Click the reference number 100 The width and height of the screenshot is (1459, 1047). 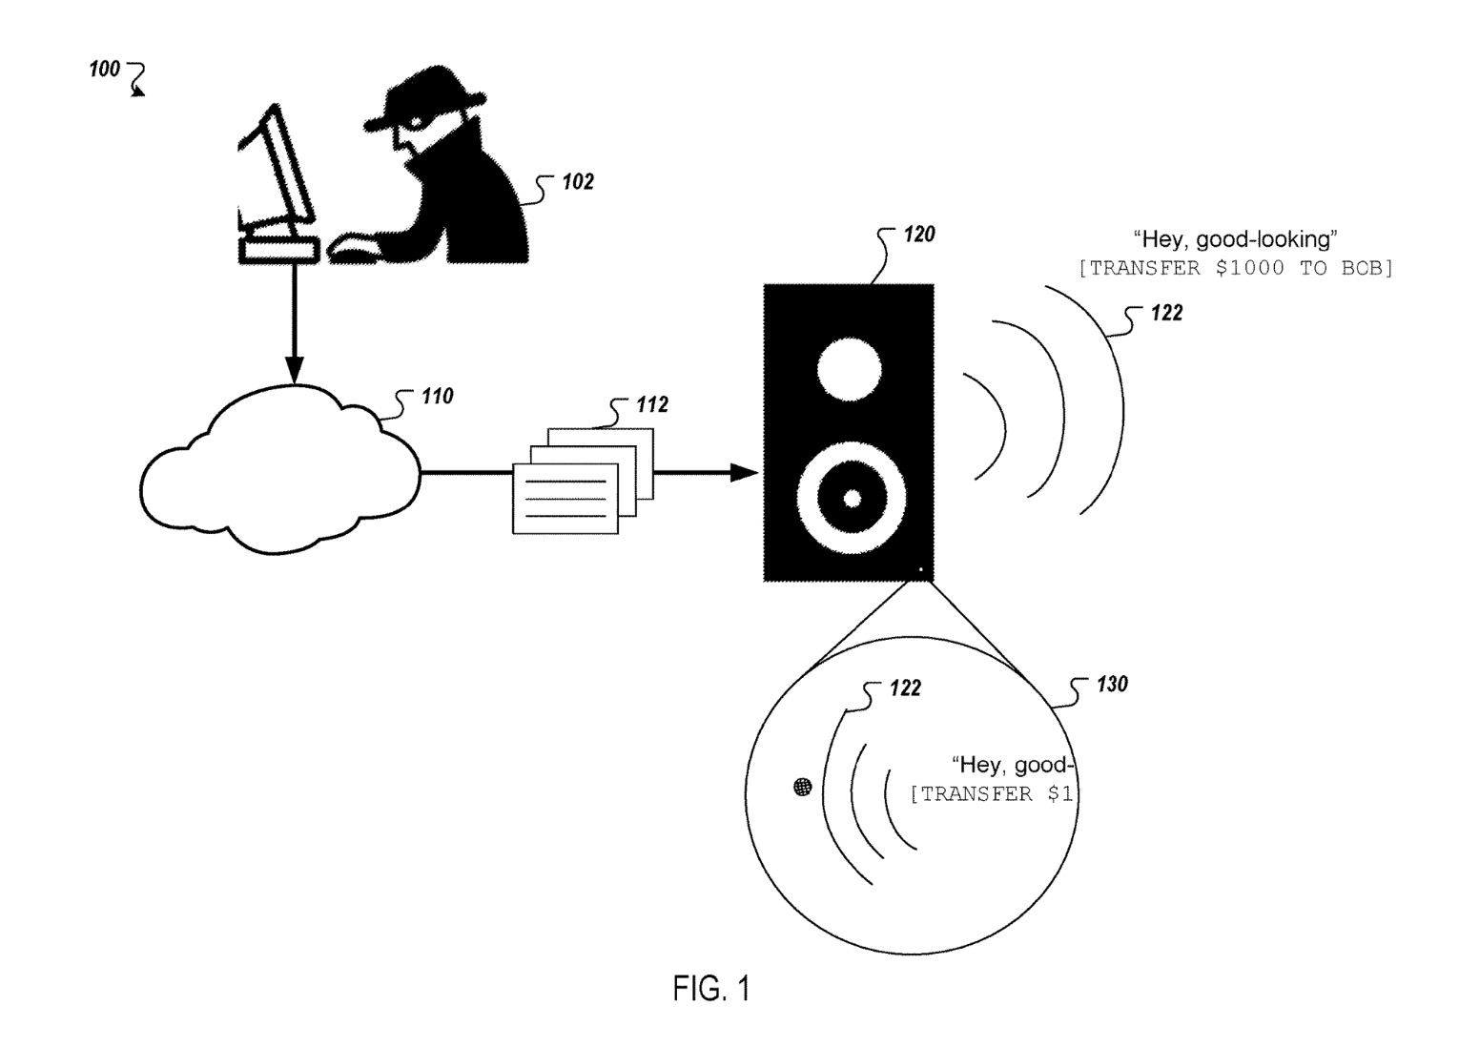pos(105,69)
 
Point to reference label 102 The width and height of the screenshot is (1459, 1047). pos(577,182)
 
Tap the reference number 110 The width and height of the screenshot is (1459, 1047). pos(437,396)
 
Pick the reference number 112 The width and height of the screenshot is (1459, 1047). pos(652,405)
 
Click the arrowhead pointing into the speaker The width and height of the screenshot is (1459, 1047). pos(744,471)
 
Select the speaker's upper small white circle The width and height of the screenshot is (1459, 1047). pos(849,368)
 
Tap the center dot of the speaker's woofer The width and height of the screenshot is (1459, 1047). pos(853,498)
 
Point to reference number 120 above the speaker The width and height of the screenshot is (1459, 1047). pos(918,234)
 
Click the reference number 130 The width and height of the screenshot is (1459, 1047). pos(1111,684)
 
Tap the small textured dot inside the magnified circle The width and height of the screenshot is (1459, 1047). pos(803,787)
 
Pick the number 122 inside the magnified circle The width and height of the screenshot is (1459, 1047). pos(905,688)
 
